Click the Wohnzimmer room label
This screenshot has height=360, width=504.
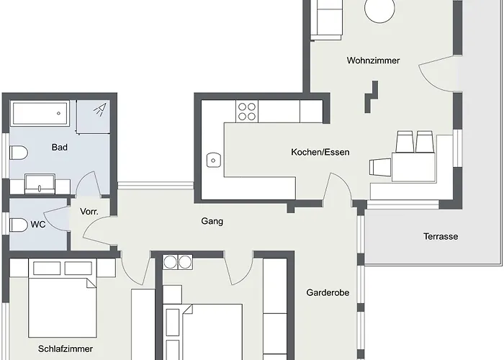pos(372,60)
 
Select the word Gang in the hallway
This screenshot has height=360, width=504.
pos(212,221)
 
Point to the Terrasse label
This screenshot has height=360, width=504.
pos(440,236)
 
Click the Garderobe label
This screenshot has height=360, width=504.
pos(328,293)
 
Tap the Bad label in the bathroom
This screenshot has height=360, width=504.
pos(60,148)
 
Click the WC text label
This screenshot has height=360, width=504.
pos(38,224)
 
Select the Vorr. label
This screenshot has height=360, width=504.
pos(89,211)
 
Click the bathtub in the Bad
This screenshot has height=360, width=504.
pos(40,114)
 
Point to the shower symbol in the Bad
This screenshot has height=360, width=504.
pos(101,109)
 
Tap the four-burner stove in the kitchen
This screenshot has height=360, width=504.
pos(247,111)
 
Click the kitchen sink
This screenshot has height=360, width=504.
pos(213,160)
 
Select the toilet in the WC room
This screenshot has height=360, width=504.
pos(19,225)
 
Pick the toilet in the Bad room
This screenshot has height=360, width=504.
pos(19,153)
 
